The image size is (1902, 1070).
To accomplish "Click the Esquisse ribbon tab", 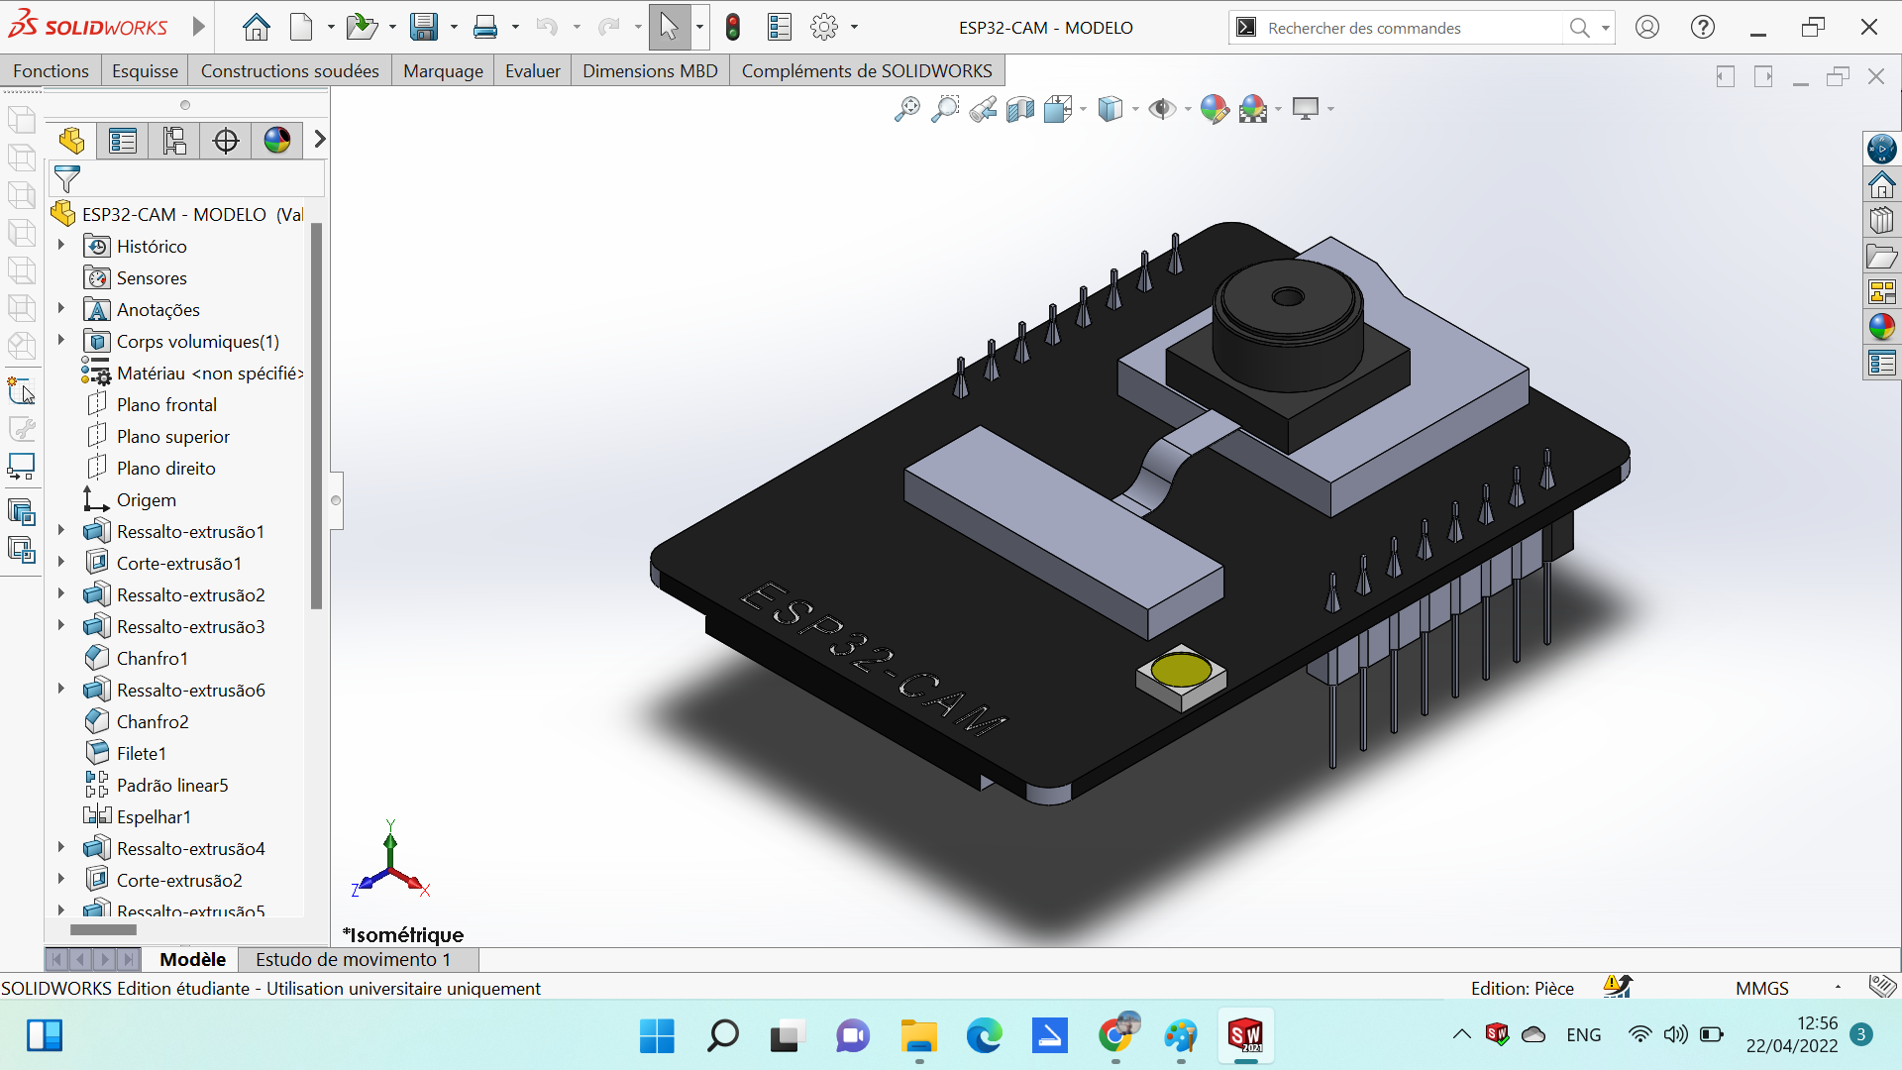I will (x=145, y=71).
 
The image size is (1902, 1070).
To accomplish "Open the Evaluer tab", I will (x=532, y=71).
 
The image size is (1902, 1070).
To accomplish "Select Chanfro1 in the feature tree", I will (x=152, y=659).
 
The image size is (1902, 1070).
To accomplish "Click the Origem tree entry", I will (x=146, y=500).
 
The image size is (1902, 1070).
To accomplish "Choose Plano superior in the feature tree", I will (x=172, y=437).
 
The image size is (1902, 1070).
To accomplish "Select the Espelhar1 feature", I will (x=153, y=817).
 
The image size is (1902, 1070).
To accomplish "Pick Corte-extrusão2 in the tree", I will (x=178, y=881).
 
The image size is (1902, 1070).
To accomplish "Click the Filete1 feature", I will (x=141, y=754).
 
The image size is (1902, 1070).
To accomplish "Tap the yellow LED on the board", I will (x=1181, y=672).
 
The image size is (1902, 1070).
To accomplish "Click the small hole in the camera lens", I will (x=1287, y=297).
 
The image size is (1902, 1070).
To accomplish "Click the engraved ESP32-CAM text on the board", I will (x=872, y=659).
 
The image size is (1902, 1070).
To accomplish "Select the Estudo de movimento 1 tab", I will (x=353, y=959).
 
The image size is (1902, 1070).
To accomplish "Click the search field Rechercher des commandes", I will (x=1407, y=28).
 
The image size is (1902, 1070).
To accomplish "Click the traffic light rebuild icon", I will (x=733, y=28).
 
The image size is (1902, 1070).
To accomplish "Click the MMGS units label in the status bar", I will (x=1761, y=988).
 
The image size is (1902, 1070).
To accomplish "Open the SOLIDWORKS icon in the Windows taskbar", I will (x=1245, y=1036).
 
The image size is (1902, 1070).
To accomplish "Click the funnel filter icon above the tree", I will (x=67, y=179).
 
